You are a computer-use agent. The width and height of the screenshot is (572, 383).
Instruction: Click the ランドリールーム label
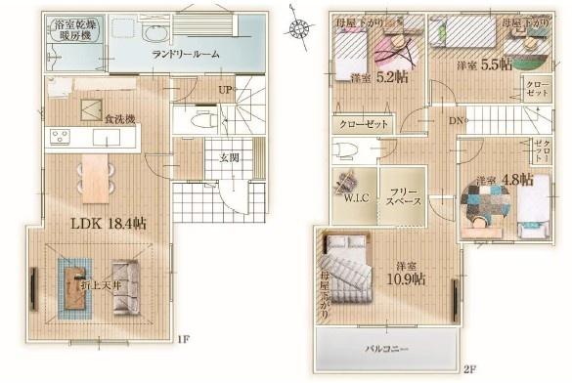coord(185,55)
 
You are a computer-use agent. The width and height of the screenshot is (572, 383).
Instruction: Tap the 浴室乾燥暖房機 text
coord(69,29)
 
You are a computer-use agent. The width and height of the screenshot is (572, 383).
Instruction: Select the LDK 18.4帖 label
coord(108,223)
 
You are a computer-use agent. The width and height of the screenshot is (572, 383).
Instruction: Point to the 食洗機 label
coord(118,119)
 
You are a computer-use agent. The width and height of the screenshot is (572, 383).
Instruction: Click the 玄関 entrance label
coord(229,156)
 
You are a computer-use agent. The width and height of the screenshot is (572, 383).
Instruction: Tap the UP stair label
coord(225,90)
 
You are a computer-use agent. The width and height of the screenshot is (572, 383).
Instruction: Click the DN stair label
coord(456,120)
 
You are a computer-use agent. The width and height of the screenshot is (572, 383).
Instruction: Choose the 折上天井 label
coord(100,284)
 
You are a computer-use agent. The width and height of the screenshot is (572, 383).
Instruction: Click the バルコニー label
coord(390,347)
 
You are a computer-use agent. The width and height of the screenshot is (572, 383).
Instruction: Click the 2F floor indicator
coord(469,368)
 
